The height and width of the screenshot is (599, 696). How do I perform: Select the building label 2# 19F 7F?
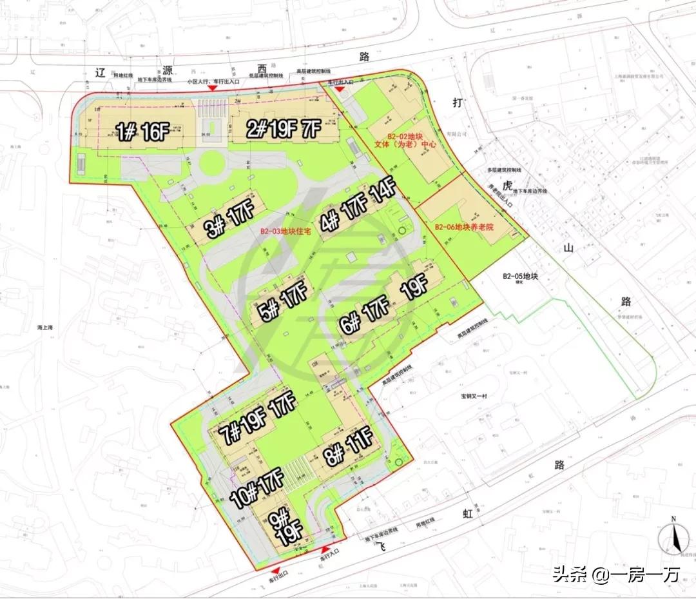pyautogui.click(x=284, y=130)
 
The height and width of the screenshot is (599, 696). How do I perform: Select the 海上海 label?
pyautogui.click(x=44, y=328)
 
